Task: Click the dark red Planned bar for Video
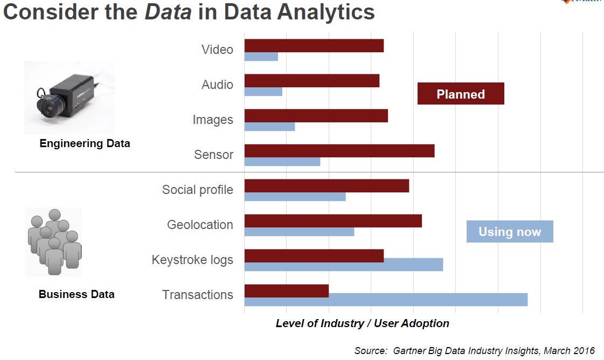tap(314, 46)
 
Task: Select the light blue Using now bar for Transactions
tap(386, 300)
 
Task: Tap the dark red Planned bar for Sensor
tap(339, 151)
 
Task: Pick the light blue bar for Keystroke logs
tap(344, 265)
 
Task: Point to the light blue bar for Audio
tap(263, 92)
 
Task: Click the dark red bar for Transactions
tap(287, 290)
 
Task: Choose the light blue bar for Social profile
tap(295, 197)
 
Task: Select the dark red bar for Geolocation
tap(333, 221)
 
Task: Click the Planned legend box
tap(461, 94)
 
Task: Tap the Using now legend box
tap(510, 232)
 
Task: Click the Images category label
tap(213, 120)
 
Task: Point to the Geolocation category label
tap(200, 225)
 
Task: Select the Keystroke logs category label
tap(192, 260)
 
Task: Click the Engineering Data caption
tap(85, 144)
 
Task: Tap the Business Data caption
tap(77, 294)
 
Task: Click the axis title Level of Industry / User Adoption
tap(362, 323)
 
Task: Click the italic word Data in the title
tap(168, 12)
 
